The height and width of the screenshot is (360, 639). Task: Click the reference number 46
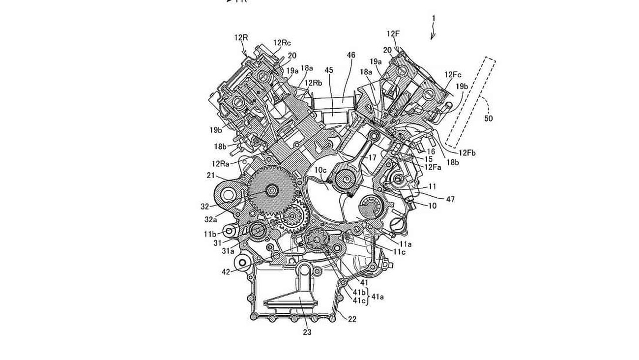[x=350, y=56]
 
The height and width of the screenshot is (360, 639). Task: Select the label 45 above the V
[x=329, y=70]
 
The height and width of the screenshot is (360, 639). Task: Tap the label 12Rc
[x=282, y=43]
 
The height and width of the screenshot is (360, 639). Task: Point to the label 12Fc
[x=453, y=74]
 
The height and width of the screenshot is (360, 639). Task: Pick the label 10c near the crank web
[x=320, y=170]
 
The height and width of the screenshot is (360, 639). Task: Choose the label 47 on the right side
[x=450, y=199]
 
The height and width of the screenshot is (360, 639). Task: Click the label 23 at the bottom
[x=307, y=332]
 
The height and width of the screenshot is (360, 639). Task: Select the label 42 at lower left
[x=225, y=271]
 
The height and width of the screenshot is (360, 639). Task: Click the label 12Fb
[x=467, y=153]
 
